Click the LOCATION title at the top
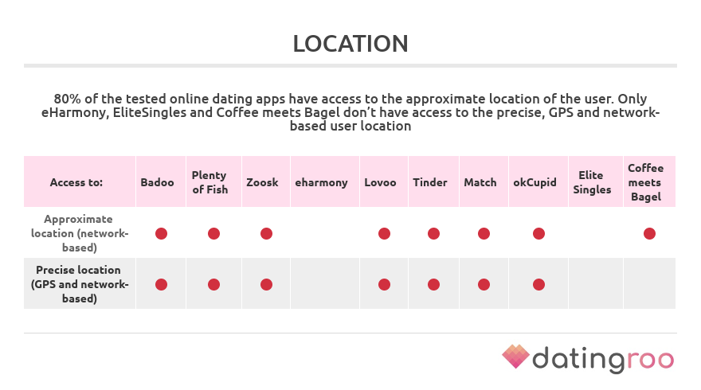pyautogui.click(x=350, y=44)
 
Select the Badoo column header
pyautogui.click(x=157, y=182)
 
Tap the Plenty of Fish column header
pyautogui.click(x=210, y=182)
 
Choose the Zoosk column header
pyautogui.click(x=262, y=182)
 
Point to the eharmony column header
pyautogui.click(x=321, y=183)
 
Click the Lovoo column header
pyautogui.click(x=380, y=182)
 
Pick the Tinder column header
pyautogui.click(x=429, y=182)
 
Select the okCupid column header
pyautogui.click(x=535, y=183)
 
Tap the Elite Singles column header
pyautogui.click(x=592, y=182)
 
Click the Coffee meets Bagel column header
pyautogui.click(x=645, y=182)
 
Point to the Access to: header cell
pyautogui.click(x=76, y=182)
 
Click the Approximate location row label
pyautogui.click(x=80, y=233)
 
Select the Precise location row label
pyautogui.click(x=80, y=284)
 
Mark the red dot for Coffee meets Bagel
pyautogui.click(x=649, y=234)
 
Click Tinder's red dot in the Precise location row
pyautogui.click(x=433, y=285)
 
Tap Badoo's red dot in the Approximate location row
pyautogui.click(x=161, y=234)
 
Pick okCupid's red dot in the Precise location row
pyautogui.click(x=538, y=285)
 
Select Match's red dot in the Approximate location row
pyautogui.click(x=484, y=234)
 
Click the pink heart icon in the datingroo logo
pyautogui.click(x=515, y=357)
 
